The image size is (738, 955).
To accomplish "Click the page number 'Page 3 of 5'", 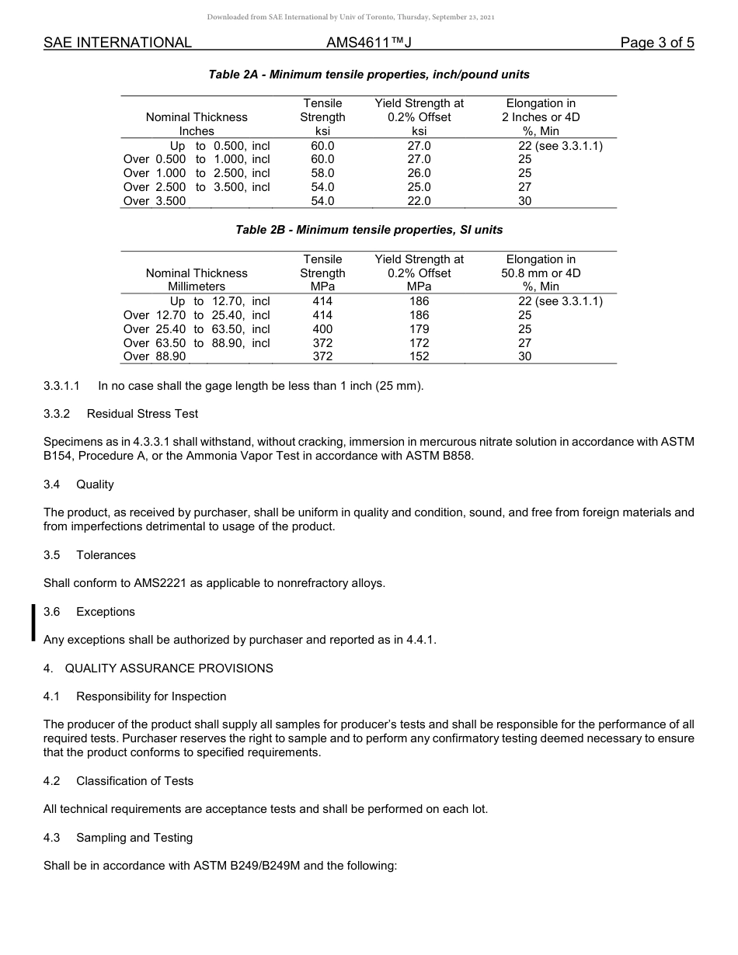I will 656,43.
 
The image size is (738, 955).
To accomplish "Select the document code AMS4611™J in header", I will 368,43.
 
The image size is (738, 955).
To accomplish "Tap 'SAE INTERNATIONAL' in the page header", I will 117,43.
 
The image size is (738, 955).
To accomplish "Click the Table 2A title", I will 369,75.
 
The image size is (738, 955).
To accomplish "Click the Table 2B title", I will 369,230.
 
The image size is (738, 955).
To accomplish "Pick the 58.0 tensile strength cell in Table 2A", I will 322,173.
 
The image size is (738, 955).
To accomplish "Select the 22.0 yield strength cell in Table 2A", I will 419,201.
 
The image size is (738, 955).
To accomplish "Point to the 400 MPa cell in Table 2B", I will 322,329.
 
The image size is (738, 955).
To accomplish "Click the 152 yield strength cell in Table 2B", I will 419,357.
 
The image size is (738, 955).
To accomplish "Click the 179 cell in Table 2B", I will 419,329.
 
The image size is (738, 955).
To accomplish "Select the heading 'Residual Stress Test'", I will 142,414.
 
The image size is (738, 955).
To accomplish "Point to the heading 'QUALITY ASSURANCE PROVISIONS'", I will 169,668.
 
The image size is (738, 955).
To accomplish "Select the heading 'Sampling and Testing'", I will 134,838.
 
